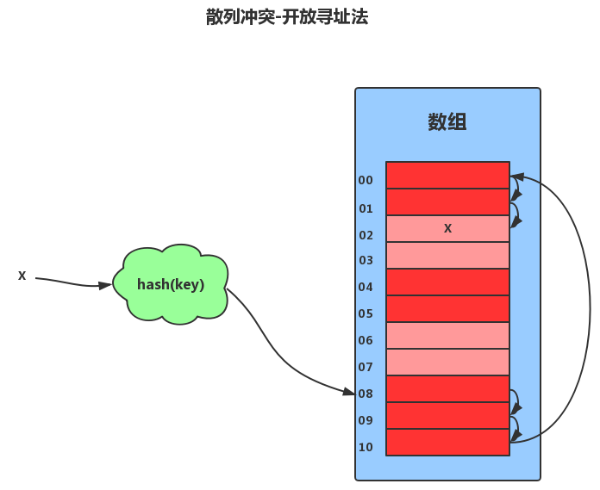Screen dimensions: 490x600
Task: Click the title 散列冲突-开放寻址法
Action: [287, 16]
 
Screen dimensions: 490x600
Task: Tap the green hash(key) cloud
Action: [171, 284]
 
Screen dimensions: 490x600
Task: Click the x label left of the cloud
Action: [22, 276]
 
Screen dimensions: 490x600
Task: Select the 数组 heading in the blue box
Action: [447, 121]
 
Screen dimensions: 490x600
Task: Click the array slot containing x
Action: [447, 228]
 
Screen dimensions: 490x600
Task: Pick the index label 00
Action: [366, 180]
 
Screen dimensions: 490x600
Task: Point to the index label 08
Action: [366, 394]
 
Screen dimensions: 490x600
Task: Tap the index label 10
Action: [366, 447]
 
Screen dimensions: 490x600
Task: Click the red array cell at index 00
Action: [447, 175]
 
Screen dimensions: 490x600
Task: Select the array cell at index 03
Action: [447, 255]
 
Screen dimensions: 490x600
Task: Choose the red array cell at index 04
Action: [447, 282]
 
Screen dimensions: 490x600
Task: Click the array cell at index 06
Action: [447, 335]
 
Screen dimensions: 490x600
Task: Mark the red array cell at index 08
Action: [447, 388]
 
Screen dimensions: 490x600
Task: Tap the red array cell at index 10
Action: [447, 442]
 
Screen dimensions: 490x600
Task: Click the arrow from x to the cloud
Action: [73, 283]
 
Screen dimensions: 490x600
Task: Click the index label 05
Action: [366, 313]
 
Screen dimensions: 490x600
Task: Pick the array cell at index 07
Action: [447, 362]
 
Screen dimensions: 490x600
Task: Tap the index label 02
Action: [366, 235]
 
